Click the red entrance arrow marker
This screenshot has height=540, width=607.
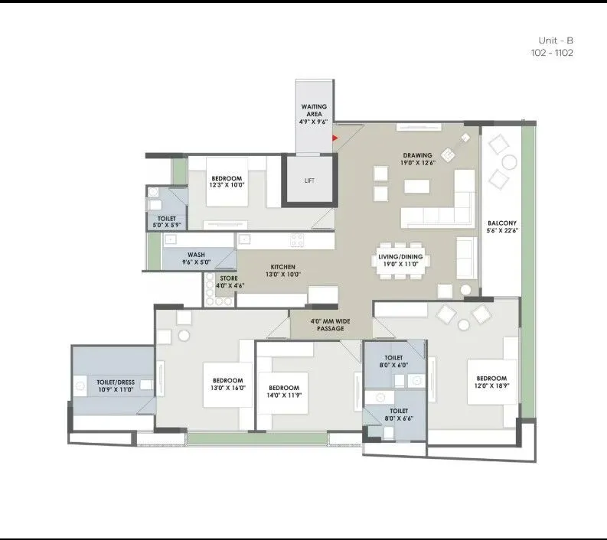[335, 138]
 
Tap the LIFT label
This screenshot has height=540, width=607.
[309, 181]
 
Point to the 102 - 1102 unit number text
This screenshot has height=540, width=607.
[551, 53]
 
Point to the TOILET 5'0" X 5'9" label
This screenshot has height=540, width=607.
[167, 223]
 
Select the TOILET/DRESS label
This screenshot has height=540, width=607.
[116, 385]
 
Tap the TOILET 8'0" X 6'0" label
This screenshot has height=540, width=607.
[393, 361]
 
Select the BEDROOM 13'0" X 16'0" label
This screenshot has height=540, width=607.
[228, 385]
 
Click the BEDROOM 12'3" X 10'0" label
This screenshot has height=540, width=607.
[227, 181]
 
